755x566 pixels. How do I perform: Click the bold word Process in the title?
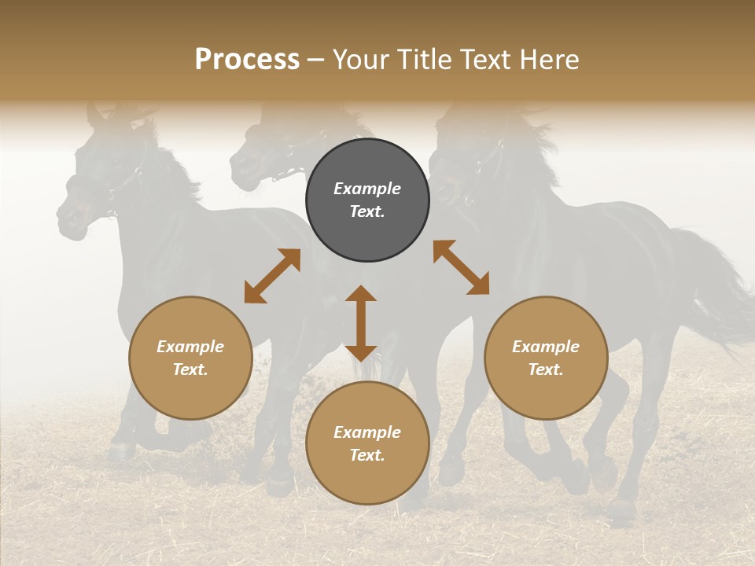247,60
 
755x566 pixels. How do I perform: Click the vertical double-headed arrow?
361,323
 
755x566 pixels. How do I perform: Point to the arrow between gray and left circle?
272,275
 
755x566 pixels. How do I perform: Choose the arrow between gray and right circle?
461,267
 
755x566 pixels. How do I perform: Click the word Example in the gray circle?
367,189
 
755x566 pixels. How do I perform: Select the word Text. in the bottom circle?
367,455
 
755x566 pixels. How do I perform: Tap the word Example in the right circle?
546,347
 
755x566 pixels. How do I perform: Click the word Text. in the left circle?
190,369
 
